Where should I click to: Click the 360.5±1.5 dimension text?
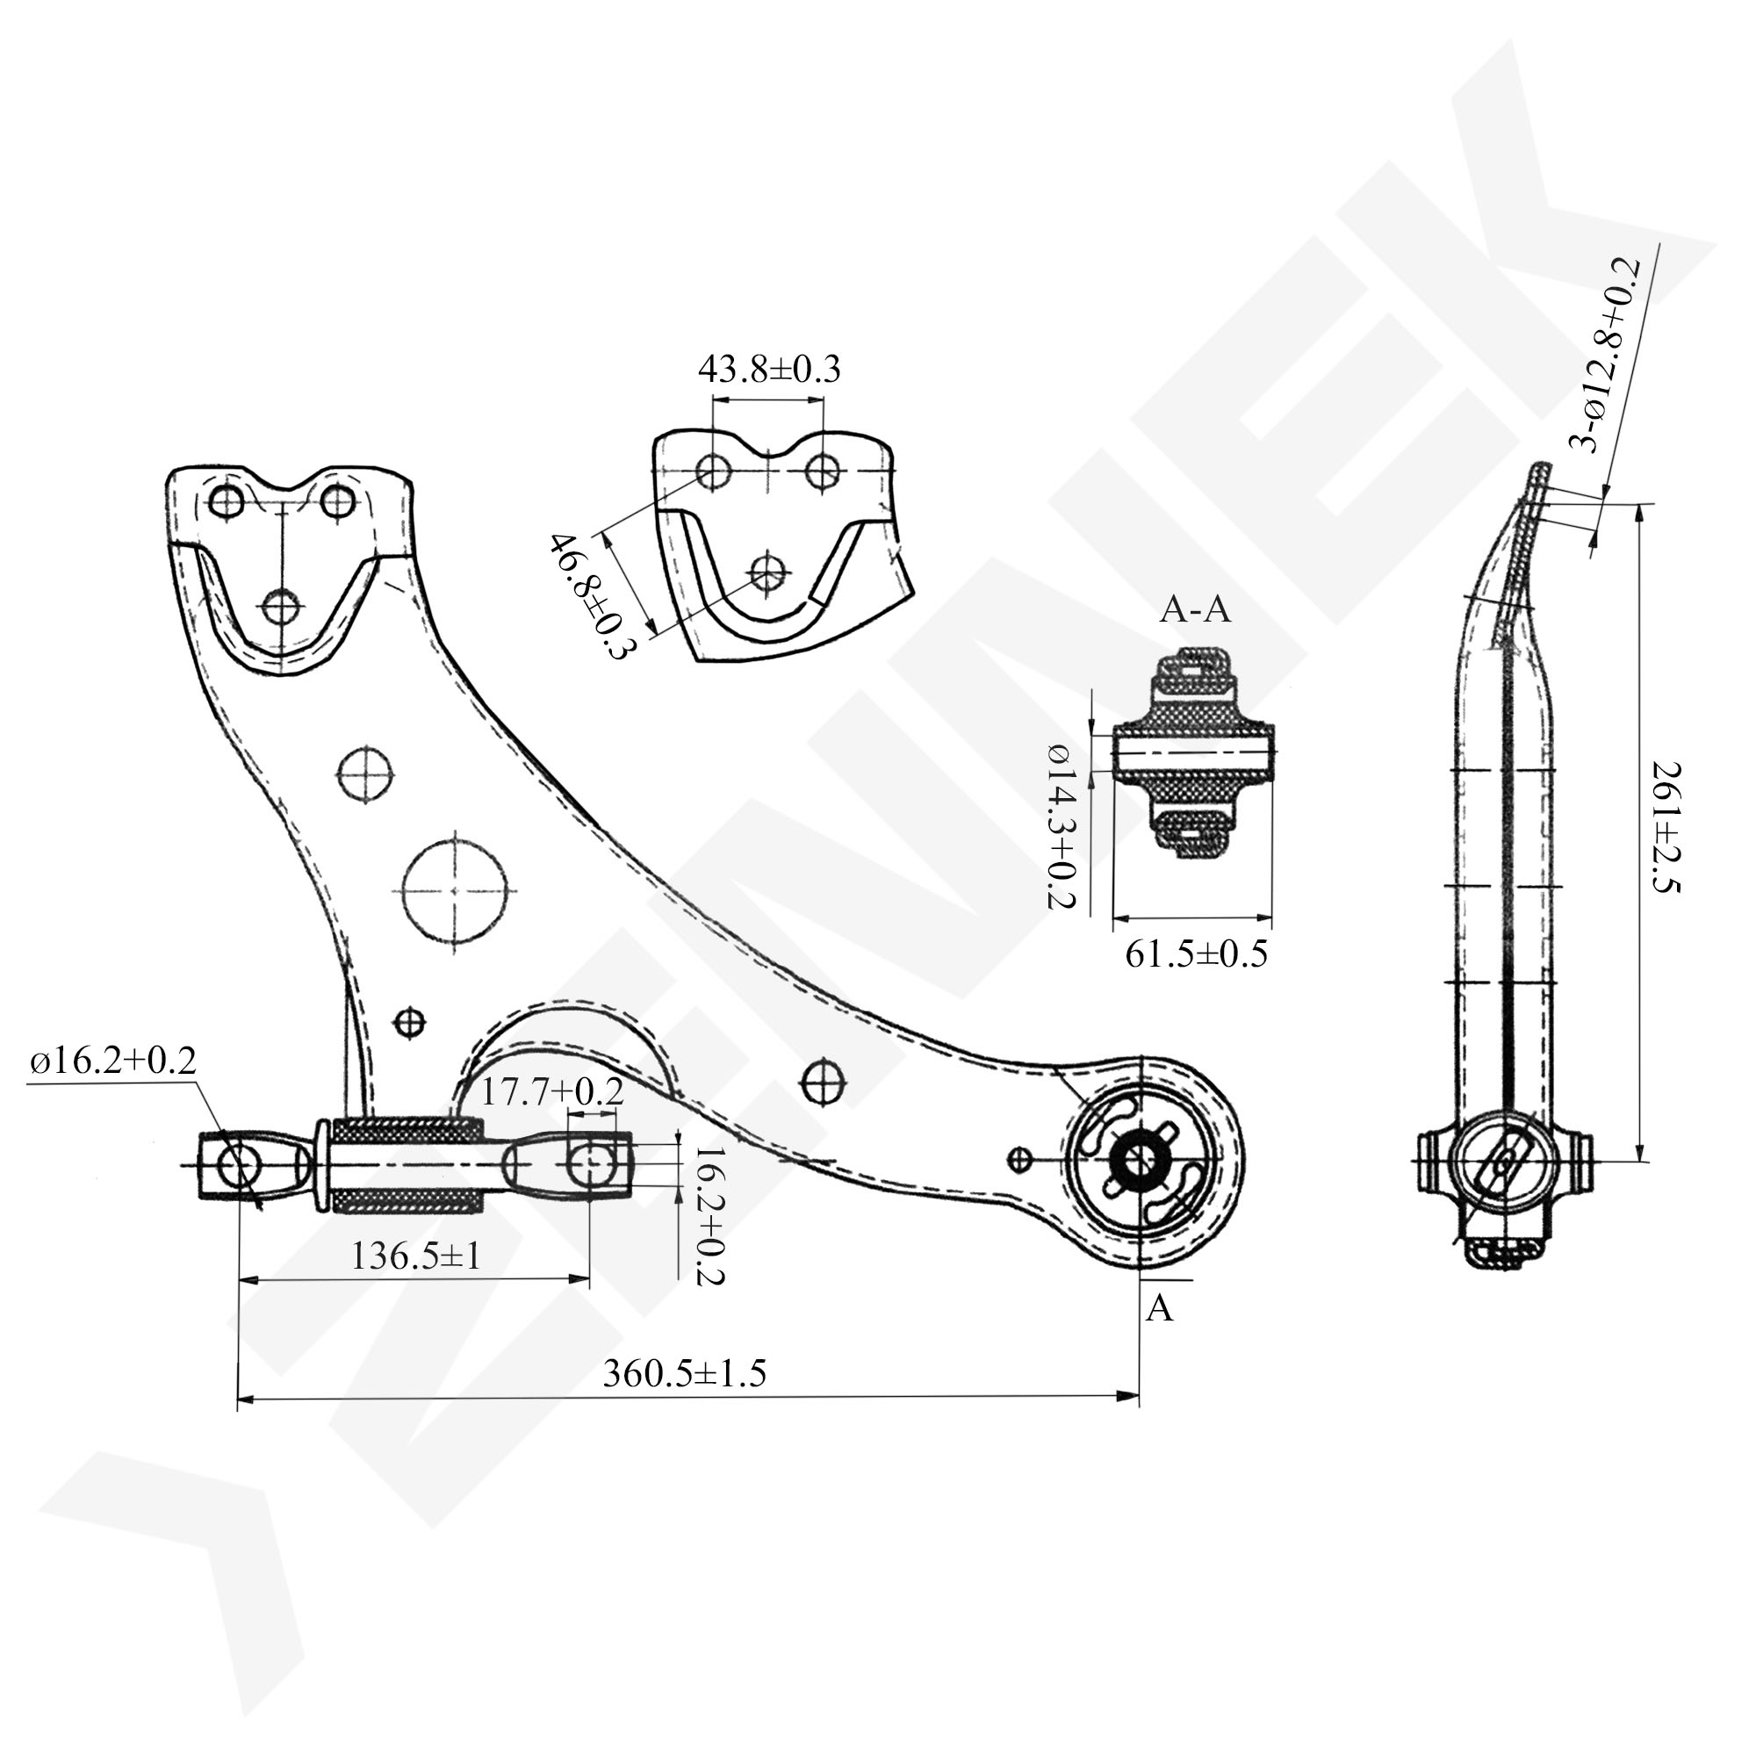pos(685,1372)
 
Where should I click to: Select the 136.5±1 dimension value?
pos(416,1257)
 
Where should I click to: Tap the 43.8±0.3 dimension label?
pos(769,370)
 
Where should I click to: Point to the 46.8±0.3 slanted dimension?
pos(591,597)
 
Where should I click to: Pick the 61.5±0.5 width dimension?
pos(1195,954)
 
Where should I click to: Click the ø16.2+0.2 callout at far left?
pos(112,1061)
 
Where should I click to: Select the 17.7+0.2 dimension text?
pos(551,1091)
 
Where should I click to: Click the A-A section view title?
pos(1194,610)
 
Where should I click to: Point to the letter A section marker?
pos(1160,1308)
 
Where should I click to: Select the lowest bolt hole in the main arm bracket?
pos(284,605)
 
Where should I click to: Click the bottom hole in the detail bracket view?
pos(768,572)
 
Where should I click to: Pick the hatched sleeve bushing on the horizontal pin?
pos(407,1165)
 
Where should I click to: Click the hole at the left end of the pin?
pos(239,1164)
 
